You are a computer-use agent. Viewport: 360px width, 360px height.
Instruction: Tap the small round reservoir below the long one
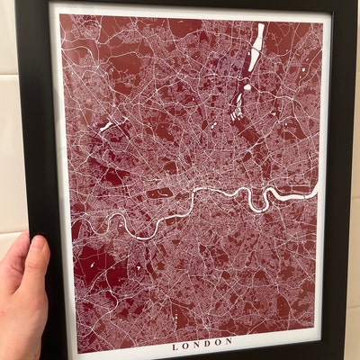point(247,88)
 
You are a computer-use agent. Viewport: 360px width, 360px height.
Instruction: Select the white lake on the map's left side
point(105,126)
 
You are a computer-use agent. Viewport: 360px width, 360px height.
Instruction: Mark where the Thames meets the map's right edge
point(317,186)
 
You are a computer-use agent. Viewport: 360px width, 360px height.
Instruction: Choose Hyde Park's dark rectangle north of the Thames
point(159,192)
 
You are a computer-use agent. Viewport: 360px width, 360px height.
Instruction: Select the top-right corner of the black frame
point(353,3)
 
